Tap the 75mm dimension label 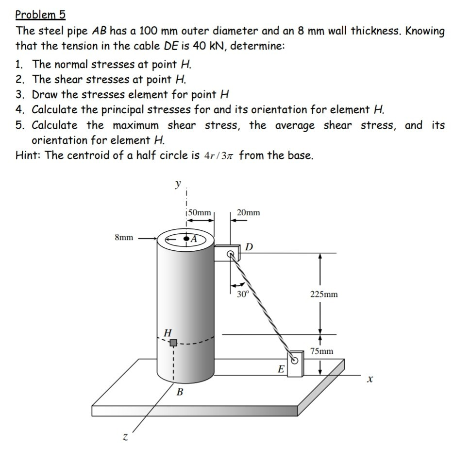322,350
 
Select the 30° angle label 241,294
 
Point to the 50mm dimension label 199,212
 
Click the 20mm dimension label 248,212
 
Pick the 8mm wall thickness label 124,238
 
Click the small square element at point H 172,343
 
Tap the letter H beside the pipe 168,333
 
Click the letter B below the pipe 179,392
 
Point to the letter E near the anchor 280,369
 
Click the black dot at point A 186,239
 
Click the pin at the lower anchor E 294,360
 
